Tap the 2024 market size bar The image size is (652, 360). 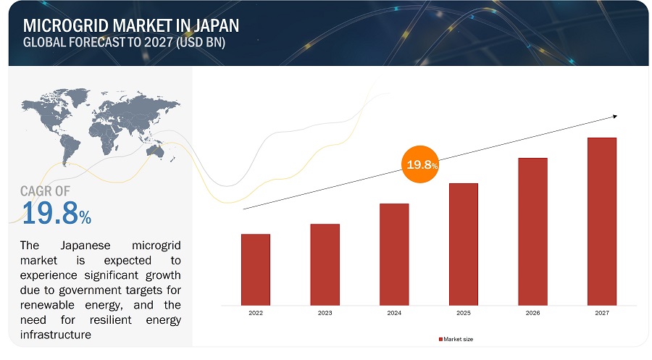[394, 253]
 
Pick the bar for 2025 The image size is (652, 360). [463, 243]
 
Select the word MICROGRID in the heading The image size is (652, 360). [64, 26]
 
